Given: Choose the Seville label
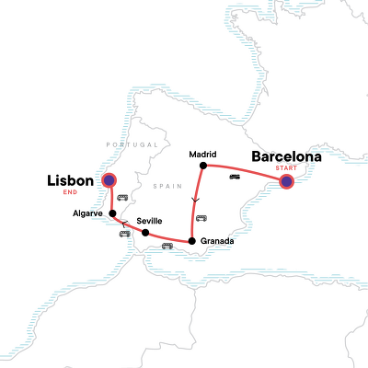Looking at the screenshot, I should tap(151, 222).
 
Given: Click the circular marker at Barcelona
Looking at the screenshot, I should tap(286, 182).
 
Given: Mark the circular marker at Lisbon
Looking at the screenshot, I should tap(109, 181).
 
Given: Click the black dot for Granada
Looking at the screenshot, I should tap(191, 241).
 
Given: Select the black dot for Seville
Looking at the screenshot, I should tap(145, 233).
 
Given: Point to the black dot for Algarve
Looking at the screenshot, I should tap(112, 213).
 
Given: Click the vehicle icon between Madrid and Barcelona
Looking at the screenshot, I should tap(236, 177).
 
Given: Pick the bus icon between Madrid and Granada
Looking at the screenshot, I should tap(201, 218).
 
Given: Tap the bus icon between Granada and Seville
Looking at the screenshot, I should tap(167, 246).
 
